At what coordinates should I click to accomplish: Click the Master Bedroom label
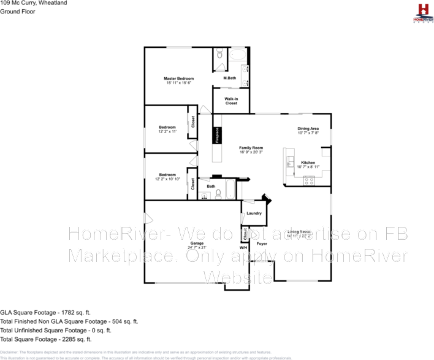(x=178, y=79)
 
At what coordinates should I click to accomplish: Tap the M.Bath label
(x=230, y=78)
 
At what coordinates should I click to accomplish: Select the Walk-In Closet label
(x=231, y=101)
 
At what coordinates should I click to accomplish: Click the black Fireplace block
(x=216, y=136)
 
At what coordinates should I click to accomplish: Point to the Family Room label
(x=251, y=148)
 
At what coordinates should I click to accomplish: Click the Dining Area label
(x=308, y=128)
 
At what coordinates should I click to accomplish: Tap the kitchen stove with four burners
(x=309, y=180)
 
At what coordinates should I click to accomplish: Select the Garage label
(x=196, y=243)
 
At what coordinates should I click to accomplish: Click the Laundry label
(x=254, y=213)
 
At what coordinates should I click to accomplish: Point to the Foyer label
(x=261, y=243)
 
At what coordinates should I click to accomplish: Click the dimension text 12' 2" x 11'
(x=167, y=131)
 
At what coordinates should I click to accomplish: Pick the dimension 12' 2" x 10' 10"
(x=167, y=179)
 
